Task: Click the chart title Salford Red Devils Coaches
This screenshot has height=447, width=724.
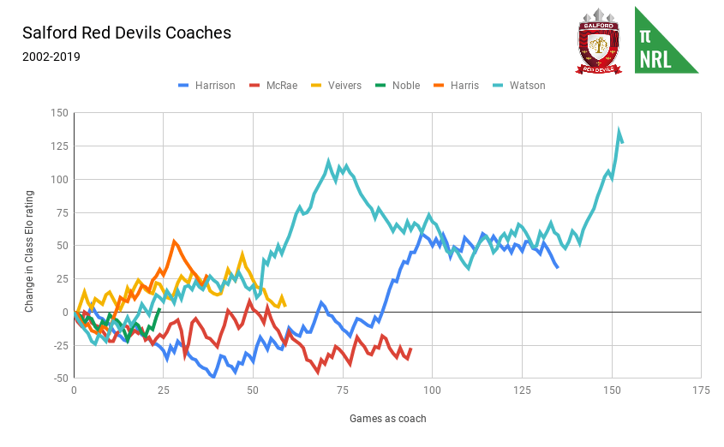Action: (x=127, y=33)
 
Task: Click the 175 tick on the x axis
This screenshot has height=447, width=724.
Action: (x=701, y=390)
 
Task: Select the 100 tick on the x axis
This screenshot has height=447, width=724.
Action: (x=432, y=390)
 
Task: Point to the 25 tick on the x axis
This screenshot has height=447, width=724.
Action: (x=163, y=390)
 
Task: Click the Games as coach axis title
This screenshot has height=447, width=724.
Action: (x=387, y=419)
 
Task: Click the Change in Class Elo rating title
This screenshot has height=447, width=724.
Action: (x=29, y=245)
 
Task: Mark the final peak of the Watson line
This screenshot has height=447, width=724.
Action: (x=619, y=131)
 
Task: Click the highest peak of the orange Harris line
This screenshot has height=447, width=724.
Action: (x=174, y=241)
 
